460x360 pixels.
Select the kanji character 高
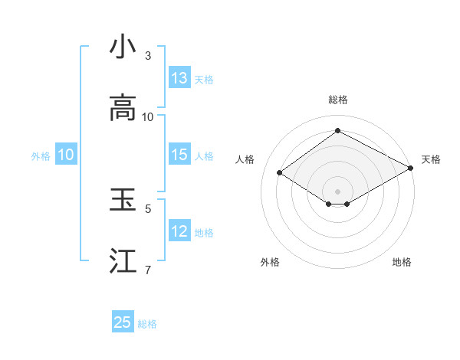coord(123,108)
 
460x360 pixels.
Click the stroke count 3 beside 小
coord(148,56)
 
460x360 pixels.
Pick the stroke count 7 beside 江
coord(148,270)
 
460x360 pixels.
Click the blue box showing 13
coord(179,78)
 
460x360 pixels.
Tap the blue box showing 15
coord(179,155)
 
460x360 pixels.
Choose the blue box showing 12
coord(179,231)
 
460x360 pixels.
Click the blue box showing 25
coord(123,322)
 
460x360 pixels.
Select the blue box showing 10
coord(66,155)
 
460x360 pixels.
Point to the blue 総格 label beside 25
coord(147,324)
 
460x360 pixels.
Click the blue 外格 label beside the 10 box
coord(41,156)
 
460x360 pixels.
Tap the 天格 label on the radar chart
coord(431,159)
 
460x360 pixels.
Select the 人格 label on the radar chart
coord(245,159)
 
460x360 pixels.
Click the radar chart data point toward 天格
coord(412,169)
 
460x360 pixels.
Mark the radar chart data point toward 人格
coord(280,173)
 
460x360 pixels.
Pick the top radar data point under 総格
coord(337,131)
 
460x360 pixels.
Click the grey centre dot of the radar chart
coord(337,191)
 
